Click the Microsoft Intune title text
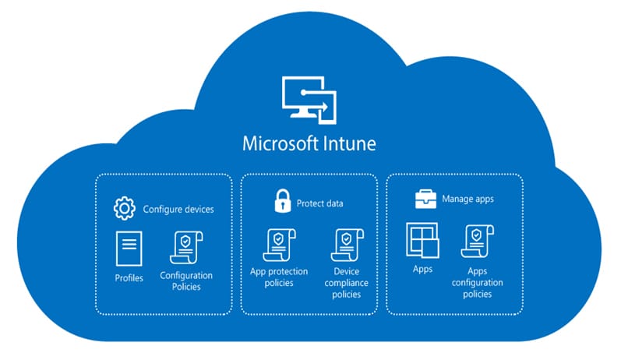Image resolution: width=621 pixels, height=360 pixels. [310, 146]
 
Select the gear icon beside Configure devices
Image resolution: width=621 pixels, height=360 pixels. [125, 209]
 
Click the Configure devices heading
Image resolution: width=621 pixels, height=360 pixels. [178, 209]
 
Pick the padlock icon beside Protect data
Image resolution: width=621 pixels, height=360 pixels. [281, 203]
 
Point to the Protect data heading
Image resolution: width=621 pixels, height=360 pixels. [319, 204]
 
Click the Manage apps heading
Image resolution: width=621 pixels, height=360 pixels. [468, 199]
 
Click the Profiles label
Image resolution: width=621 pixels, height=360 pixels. [129, 278]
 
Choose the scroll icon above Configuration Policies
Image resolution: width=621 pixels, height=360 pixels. [185, 248]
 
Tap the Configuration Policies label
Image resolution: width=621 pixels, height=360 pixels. [185, 281]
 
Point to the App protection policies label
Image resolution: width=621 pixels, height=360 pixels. [279, 277]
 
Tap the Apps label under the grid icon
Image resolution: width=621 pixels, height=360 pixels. [422, 269]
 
